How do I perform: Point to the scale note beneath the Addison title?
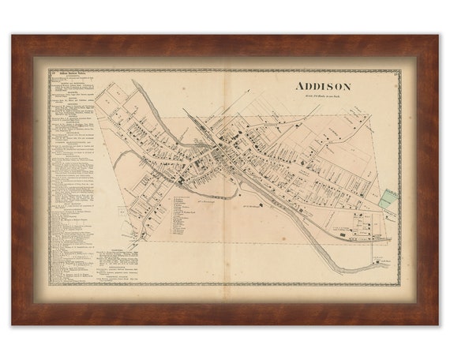click(x=324, y=98)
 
